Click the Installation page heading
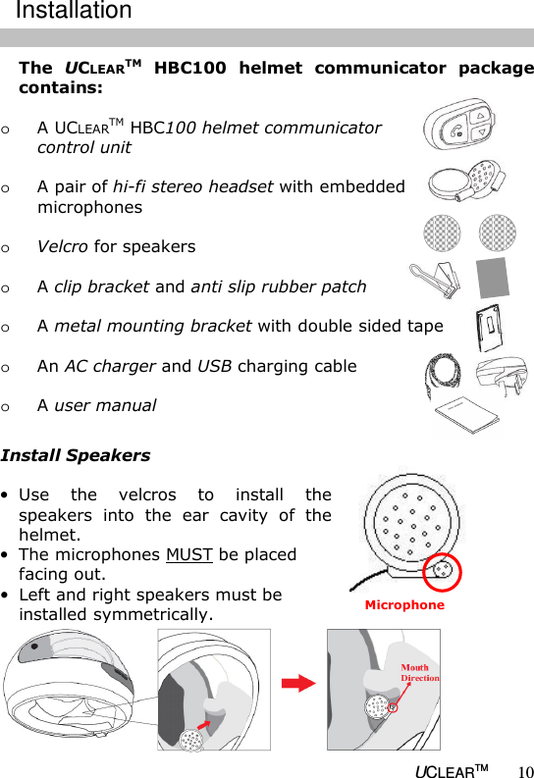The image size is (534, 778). (x=74, y=12)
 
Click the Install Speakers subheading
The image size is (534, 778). (x=76, y=455)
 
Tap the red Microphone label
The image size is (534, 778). (x=404, y=605)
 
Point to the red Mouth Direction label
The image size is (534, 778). (x=419, y=672)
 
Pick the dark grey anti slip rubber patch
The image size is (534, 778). (x=495, y=279)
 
